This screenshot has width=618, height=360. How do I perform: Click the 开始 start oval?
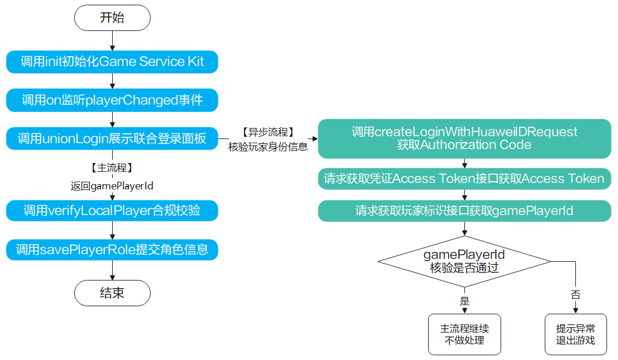tap(112, 18)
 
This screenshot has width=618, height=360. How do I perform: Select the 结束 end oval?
tap(112, 293)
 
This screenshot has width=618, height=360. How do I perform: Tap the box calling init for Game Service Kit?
tap(112, 62)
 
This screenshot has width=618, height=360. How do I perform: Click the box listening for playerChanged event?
tap(112, 101)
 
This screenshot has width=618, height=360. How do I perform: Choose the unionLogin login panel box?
tap(112, 139)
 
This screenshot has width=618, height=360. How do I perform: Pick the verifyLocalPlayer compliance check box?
tap(112, 210)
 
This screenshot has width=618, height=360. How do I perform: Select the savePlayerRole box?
tap(112, 250)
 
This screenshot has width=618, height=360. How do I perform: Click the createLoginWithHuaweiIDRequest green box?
tap(464, 139)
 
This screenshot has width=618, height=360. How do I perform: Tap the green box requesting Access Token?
tap(464, 179)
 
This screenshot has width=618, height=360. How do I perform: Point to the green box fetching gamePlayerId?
tap(464, 211)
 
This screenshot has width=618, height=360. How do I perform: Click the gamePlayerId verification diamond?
tap(464, 261)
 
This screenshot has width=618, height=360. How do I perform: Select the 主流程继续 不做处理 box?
tap(464, 335)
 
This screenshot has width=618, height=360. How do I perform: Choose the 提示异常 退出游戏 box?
tap(575, 335)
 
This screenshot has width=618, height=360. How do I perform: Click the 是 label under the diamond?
tap(464, 302)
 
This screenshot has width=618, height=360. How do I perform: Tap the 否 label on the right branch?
tap(575, 295)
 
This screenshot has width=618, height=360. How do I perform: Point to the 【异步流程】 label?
tap(268, 133)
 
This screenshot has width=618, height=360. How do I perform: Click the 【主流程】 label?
tap(112, 168)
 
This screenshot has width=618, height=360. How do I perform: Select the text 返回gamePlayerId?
tap(112, 185)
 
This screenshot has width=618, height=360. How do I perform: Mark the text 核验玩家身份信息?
tap(268, 147)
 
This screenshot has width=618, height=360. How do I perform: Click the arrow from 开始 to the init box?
tap(112, 40)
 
